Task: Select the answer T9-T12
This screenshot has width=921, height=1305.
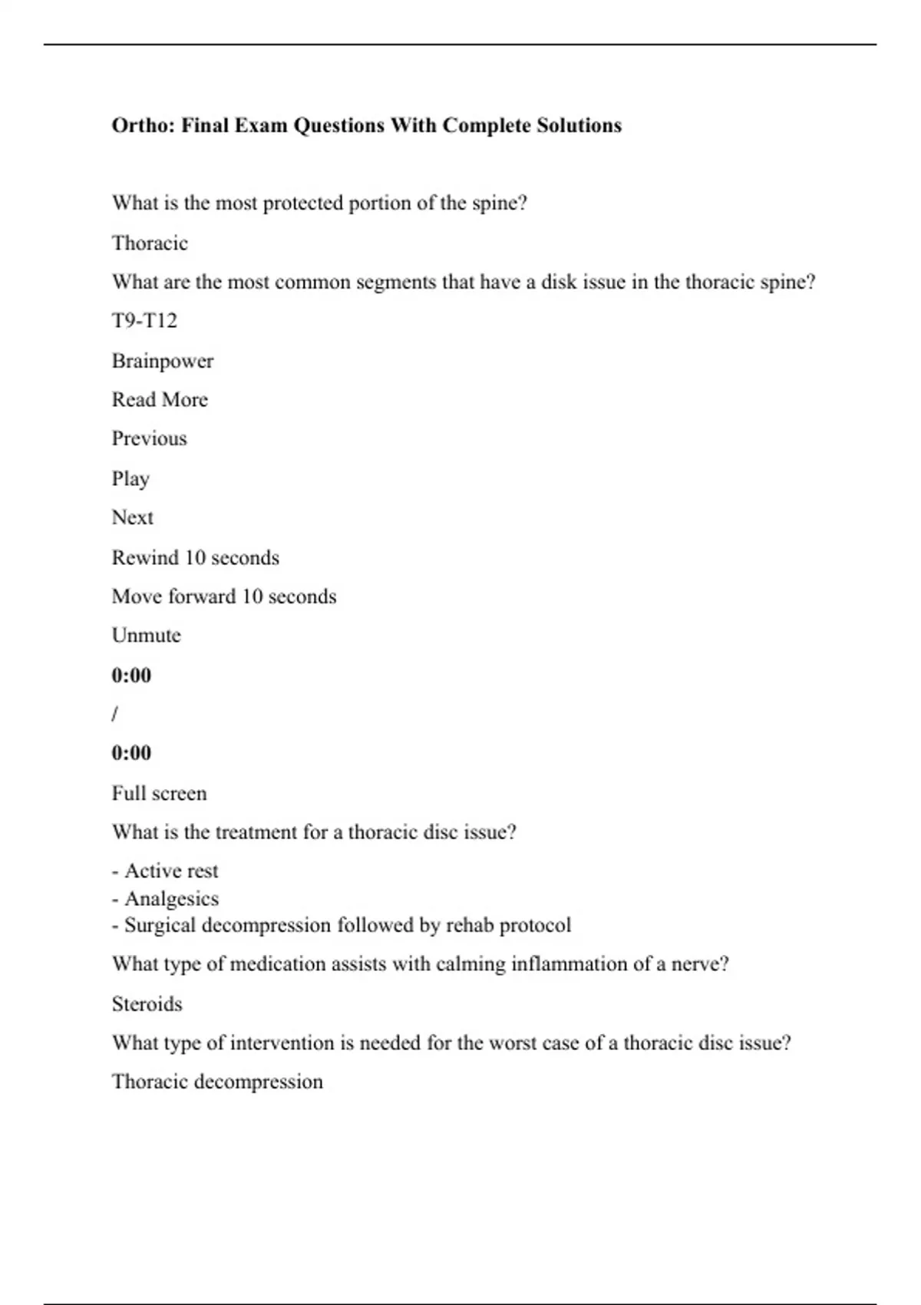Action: click(144, 321)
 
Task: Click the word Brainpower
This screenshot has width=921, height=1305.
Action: click(163, 361)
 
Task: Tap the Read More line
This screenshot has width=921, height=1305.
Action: click(160, 400)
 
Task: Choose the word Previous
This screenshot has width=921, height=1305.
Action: click(150, 438)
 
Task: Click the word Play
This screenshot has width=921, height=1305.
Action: click(130, 479)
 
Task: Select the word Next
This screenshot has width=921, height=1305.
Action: click(133, 517)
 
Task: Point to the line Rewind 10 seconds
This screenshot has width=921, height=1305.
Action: click(196, 557)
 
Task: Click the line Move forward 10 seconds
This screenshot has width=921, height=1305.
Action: click(224, 596)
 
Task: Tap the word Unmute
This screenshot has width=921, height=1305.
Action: click(147, 636)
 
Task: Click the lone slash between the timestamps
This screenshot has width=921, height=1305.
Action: click(115, 714)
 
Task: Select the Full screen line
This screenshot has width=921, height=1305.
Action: click(160, 793)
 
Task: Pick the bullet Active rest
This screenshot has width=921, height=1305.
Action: click(170, 871)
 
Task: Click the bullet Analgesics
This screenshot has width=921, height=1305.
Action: click(170, 898)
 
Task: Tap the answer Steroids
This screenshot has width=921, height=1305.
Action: click(147, 1004)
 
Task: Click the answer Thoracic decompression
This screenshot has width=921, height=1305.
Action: click(217, 1082)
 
